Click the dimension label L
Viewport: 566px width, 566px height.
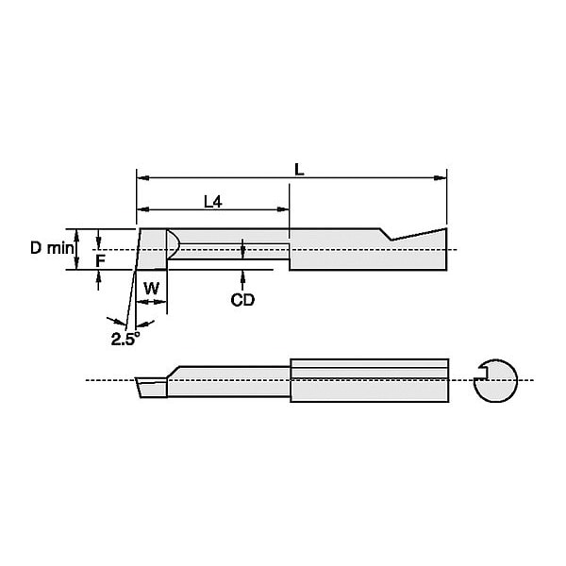298,170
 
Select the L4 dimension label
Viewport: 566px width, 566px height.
213,201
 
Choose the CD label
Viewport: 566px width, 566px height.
242,299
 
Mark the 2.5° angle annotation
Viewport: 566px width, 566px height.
125,339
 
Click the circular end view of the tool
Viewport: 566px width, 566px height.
495,380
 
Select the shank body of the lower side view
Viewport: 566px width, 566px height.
368,381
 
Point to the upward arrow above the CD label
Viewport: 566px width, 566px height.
242,276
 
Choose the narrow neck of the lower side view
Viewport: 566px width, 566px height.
231,381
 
